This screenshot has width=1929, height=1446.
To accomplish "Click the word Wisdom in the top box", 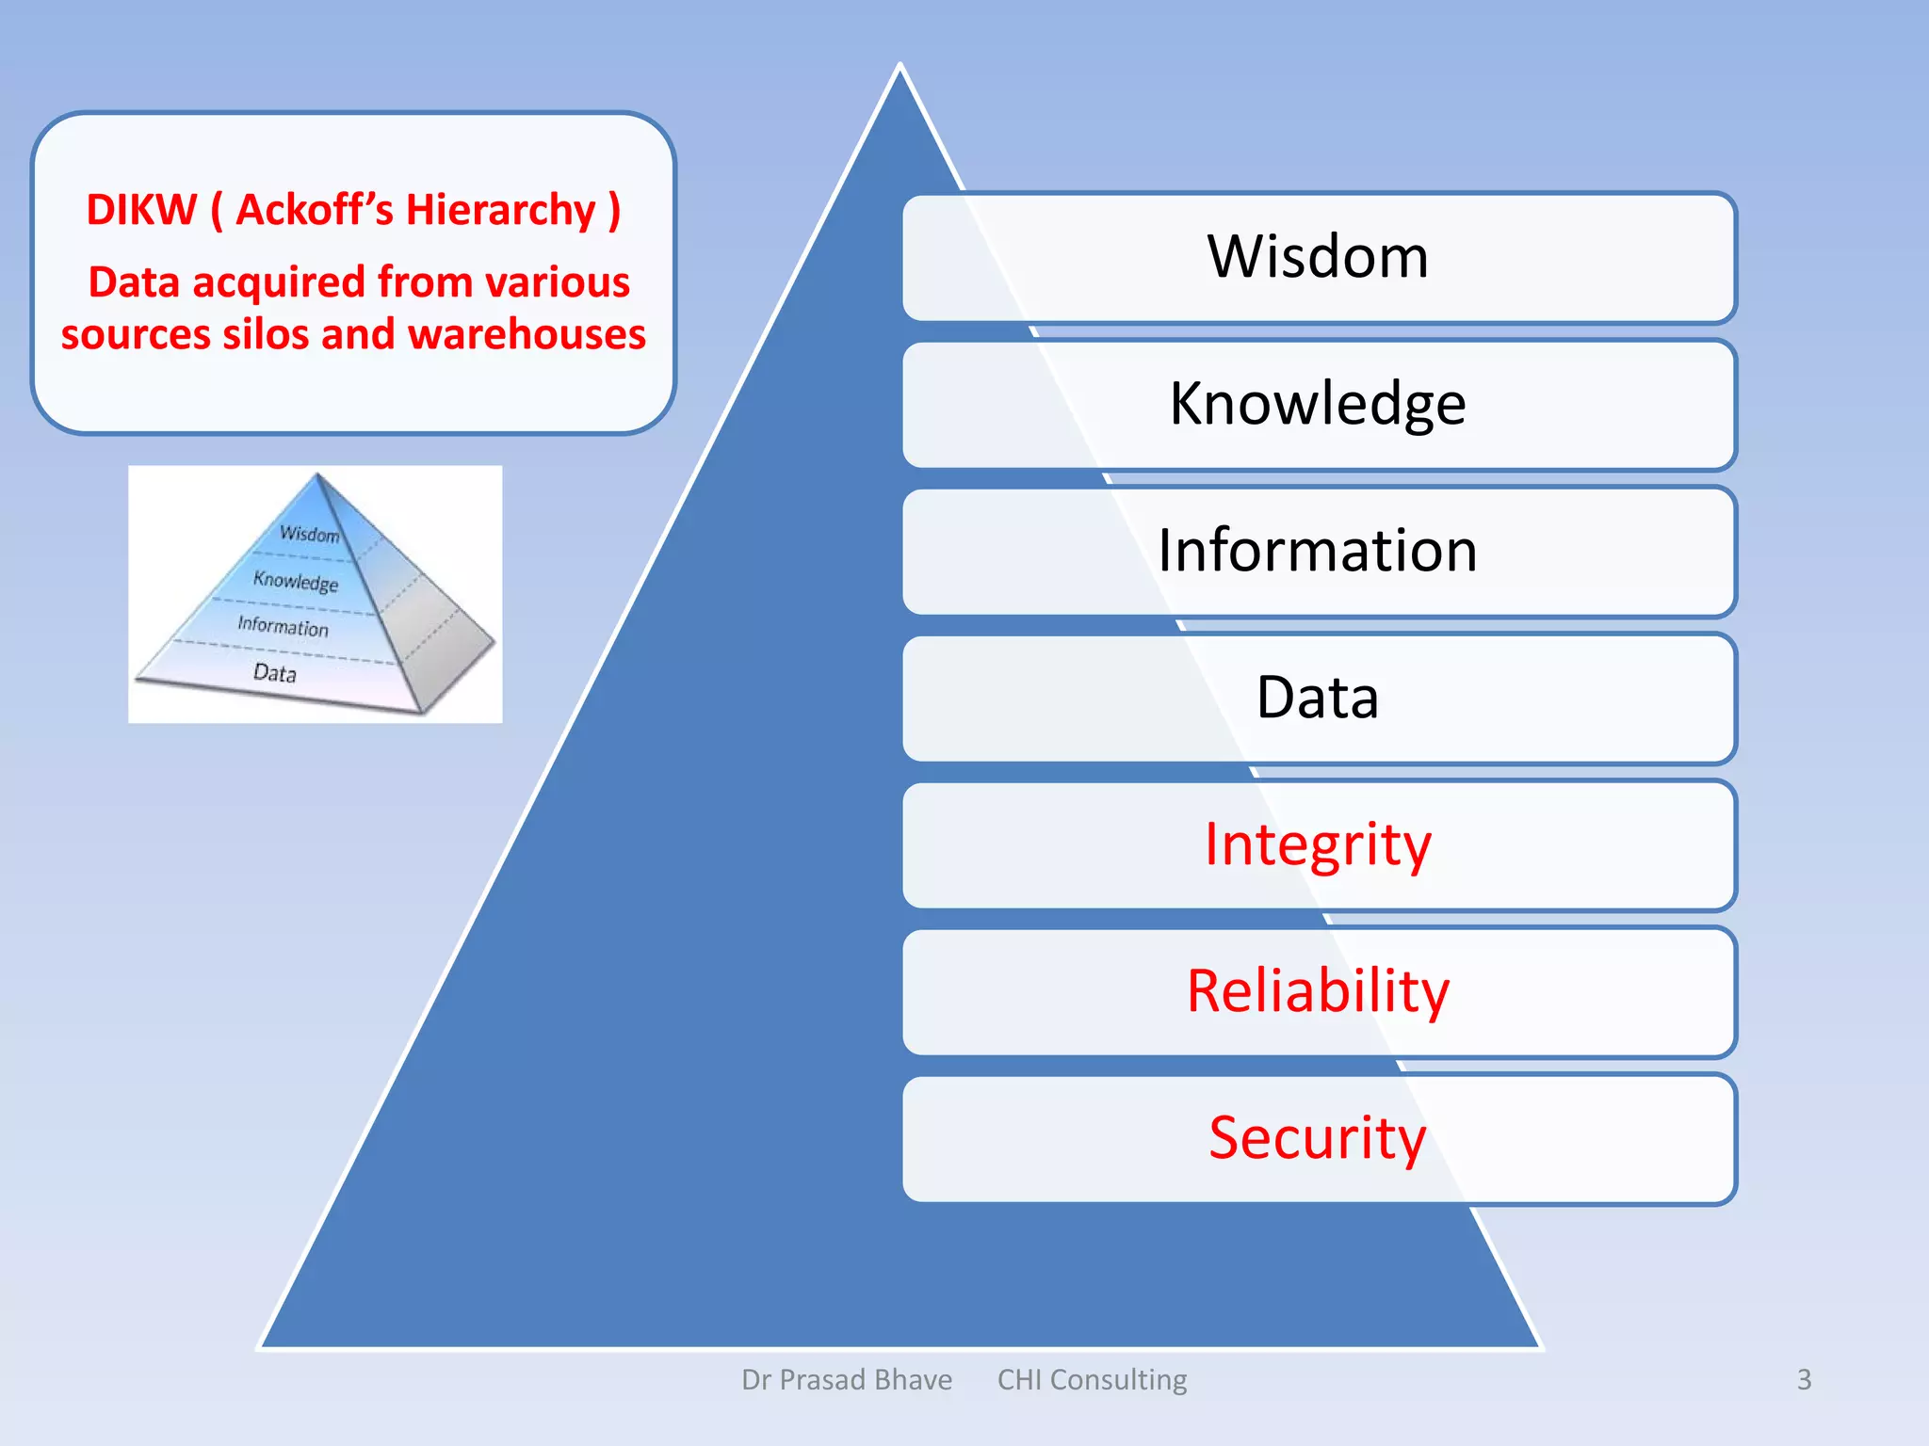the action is [1318, 257].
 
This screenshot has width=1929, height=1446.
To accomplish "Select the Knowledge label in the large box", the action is [1318, 405].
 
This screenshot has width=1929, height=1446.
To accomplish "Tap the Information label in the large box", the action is [1318, 551].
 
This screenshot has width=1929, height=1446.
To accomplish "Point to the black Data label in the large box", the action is [1318, 698].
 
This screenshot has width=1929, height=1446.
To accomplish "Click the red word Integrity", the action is [1318, 844].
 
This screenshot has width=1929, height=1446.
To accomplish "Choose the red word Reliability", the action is [1318, 991].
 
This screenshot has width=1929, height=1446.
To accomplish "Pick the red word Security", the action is [1318, 1138].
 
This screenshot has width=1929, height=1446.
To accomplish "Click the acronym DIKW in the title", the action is [141, 210].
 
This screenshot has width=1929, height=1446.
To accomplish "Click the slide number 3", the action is [1804, 1380].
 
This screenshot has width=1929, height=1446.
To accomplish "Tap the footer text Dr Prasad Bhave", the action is [847, 1380].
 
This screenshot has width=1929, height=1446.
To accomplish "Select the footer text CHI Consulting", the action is [1092, 1380].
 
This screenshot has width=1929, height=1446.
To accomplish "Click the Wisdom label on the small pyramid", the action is [309, 534].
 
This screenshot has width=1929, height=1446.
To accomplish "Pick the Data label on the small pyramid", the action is [275, 672].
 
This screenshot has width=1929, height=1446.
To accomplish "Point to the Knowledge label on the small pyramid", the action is [295, 581].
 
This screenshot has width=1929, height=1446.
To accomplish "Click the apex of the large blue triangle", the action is [900, 68].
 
